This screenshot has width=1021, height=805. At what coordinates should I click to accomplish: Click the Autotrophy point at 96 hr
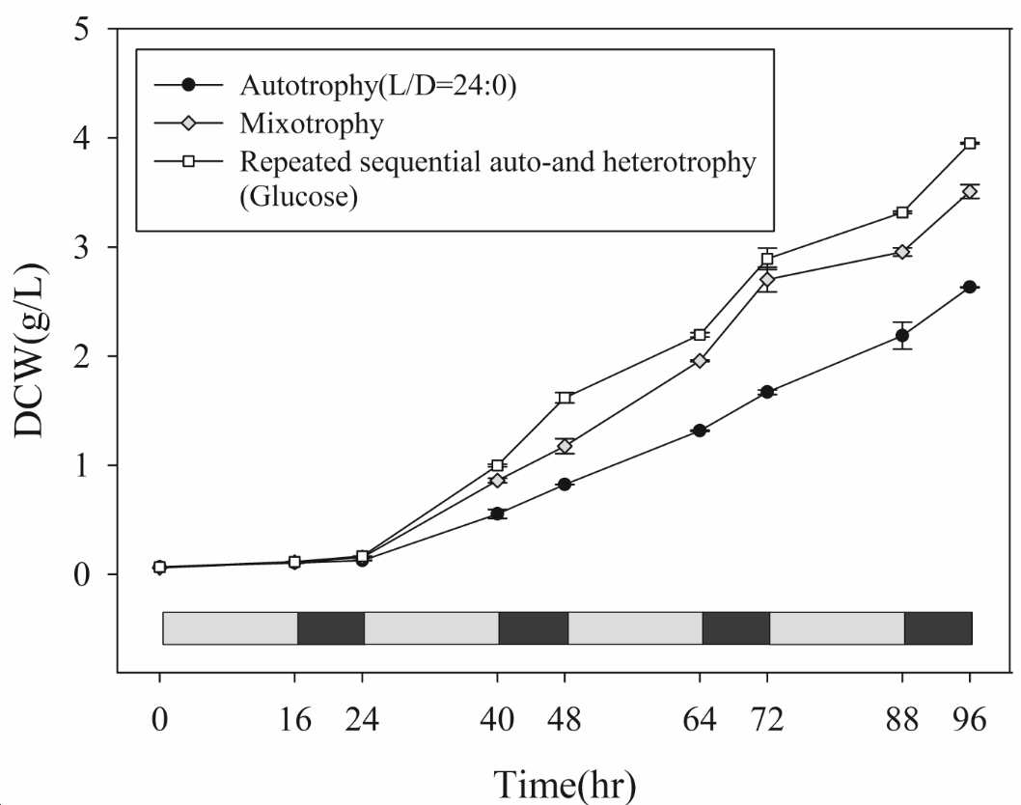point(970,288)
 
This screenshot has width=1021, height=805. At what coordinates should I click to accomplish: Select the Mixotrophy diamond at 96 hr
point(970,191)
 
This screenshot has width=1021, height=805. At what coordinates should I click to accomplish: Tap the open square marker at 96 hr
point(970,143)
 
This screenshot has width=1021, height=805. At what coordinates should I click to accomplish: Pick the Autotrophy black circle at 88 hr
point(902,336)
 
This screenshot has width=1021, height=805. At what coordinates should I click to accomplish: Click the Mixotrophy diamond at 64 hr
point(700,361)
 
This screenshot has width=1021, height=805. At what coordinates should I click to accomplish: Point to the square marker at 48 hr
point(565,398)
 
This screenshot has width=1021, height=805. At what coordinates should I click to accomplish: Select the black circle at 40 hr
point(498,514)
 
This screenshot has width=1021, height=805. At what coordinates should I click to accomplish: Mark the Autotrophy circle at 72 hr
point(767,392)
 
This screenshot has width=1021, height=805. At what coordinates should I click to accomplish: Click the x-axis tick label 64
point(700,720)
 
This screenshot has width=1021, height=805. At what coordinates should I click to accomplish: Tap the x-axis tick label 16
point(295,720)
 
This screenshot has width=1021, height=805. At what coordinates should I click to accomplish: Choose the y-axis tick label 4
point(81,139)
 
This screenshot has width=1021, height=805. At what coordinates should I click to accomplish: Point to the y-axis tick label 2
point(81,356)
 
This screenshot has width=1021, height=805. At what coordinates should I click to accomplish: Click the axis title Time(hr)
point(565,784)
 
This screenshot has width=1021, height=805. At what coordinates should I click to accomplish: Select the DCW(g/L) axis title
point(30,350)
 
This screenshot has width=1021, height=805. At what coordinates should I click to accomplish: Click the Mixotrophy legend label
point(312,124)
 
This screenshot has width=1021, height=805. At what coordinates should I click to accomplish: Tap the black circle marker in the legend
point(189,85)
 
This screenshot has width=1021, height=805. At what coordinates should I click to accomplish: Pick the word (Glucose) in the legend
point(299,196)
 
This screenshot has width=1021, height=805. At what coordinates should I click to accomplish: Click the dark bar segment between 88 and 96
point(938,628)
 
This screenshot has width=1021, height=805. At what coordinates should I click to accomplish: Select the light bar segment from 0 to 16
point(231,628)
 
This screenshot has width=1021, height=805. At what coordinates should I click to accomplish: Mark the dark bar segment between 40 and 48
point(534,628)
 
